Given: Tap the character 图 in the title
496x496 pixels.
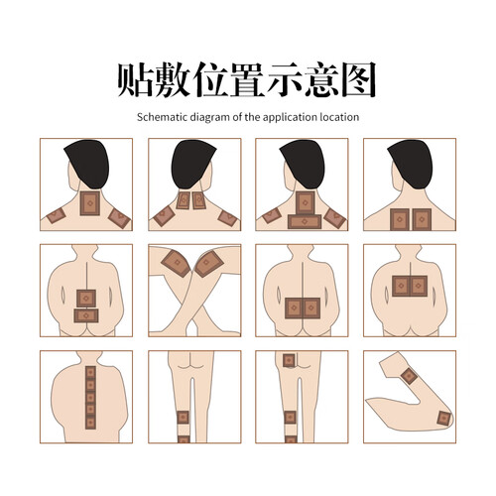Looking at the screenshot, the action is [x=358, y=80].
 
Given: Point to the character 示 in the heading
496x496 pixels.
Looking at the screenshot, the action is [x=284, y=80].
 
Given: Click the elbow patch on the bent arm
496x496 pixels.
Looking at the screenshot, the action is [x=443, y=419].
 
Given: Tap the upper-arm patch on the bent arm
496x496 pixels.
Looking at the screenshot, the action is [x=410, y=376].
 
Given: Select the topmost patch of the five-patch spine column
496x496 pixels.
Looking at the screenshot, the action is [x=90, y=372].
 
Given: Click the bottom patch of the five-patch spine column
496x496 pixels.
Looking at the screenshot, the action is [x=90, y=423].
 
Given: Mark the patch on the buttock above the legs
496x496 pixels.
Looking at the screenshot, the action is [x=289, y=360].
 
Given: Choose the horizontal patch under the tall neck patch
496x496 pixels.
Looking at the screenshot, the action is [x=305, y=221].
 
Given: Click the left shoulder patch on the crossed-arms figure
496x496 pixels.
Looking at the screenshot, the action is [x=176, y=263].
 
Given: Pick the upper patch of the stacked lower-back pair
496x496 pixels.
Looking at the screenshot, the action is [x=86, y=299].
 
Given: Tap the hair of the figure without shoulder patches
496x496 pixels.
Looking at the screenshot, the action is [x=411, y=164].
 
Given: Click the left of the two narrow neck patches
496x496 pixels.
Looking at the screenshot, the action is [x=183, y=200].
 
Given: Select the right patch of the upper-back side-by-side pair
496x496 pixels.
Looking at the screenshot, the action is [x=419, y=286].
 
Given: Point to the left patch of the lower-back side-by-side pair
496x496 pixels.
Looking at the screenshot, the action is [x=294, y=309].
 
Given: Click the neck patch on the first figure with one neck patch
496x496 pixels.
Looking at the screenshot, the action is [x=89, y=203].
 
